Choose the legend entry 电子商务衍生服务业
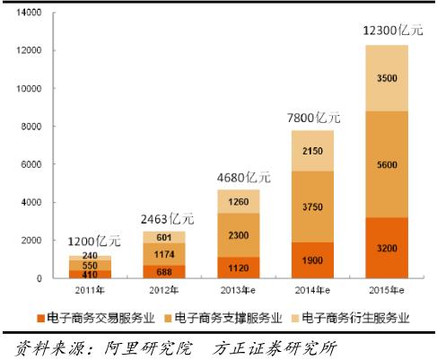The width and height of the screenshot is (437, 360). point(357,318)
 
